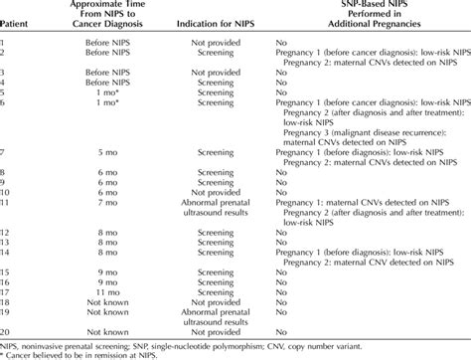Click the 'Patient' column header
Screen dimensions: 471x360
[17, 47]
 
